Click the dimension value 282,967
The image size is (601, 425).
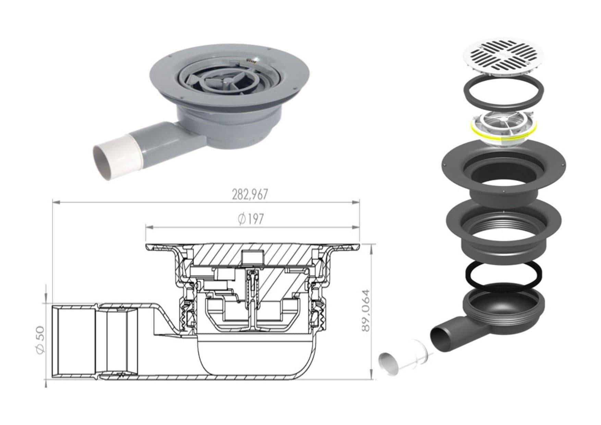click(249, 195)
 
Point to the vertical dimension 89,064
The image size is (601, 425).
click(366, 310)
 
